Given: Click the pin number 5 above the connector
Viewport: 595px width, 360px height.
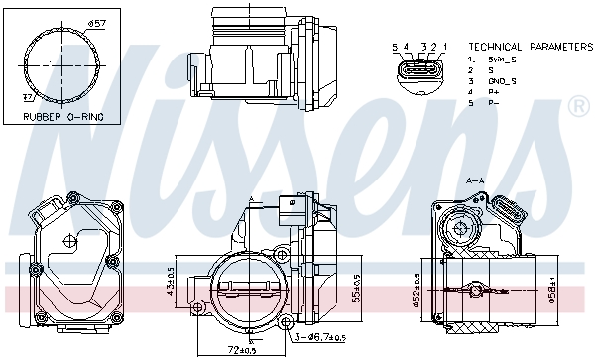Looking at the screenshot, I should [x=395, y=47].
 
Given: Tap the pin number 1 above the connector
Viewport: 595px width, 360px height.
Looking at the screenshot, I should [x=445, y=47].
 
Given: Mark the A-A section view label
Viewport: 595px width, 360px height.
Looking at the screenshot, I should [x=475, y=181].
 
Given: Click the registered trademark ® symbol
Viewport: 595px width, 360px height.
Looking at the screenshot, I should [x=579, y=104].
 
